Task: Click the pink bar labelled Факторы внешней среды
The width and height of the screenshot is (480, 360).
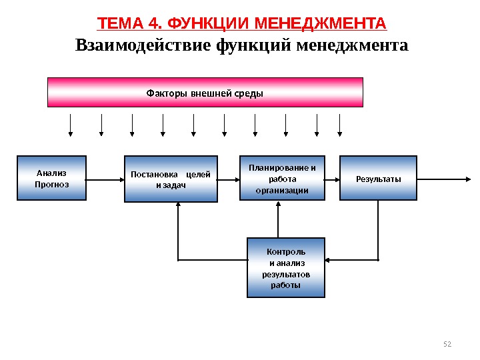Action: (205, 92)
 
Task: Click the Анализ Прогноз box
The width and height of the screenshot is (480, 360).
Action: (52, 178)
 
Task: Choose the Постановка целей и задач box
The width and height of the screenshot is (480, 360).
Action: (171, 179)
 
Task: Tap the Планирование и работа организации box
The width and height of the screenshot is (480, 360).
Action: (282, 178)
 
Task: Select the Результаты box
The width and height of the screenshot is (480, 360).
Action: (378, 178)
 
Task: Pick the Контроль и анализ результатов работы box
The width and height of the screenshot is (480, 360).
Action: (286, 267)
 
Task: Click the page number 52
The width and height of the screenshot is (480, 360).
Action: (447, 343)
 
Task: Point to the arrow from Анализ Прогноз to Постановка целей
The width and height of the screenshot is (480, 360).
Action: (105, 179)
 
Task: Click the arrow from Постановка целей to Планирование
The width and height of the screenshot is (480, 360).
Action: (228, 179)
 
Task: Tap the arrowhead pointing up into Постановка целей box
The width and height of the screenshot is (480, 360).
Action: (178, 206)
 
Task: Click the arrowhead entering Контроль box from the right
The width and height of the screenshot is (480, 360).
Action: (329, 259)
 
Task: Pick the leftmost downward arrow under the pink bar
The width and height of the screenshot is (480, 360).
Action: (71, 125)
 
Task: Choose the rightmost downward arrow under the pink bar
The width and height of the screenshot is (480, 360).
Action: (340, 125)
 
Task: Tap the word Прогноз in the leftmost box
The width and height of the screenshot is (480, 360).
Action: (52, 184)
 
